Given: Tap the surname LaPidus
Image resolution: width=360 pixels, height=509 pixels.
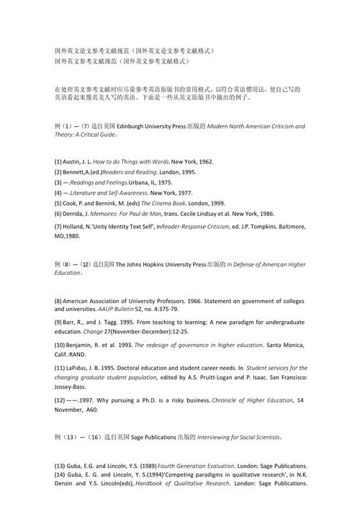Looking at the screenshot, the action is coord(81,368).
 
